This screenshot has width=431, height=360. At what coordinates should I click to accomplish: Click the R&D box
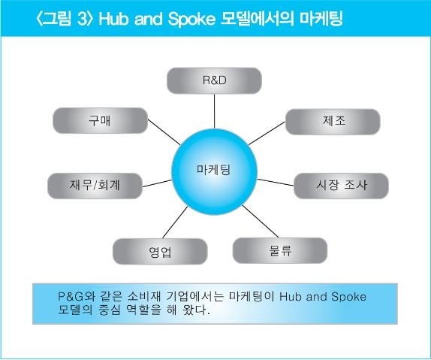coord(214,80)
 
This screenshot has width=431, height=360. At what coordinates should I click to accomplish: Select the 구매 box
coord(100,120)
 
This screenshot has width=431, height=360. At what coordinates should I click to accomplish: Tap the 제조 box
coord(333,122)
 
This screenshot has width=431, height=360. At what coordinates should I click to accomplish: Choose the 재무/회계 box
coord(95,186)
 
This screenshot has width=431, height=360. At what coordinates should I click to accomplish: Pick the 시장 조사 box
coord(341,186)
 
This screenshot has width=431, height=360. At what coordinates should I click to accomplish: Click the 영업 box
coord(160,252)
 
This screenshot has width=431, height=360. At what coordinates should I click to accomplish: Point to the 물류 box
coord(280,251)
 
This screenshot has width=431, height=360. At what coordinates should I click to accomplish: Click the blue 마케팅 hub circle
coord(215,171)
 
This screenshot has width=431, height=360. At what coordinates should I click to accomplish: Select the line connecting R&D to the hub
coord(215,111)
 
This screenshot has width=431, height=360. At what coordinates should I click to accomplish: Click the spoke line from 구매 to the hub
coord(164,132)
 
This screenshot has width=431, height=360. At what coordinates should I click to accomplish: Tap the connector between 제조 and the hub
coord(267,133)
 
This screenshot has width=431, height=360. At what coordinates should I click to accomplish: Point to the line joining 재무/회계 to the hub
coord(157,183)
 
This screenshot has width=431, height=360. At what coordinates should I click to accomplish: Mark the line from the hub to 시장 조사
coord(276,182)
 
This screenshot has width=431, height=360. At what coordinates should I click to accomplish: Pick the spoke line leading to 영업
coord(175,222)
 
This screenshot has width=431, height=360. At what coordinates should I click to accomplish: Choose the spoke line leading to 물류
coord(261,221)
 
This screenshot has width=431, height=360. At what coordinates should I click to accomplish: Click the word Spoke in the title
coord(191,19)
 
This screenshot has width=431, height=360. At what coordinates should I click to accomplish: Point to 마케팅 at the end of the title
coord(321,19)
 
